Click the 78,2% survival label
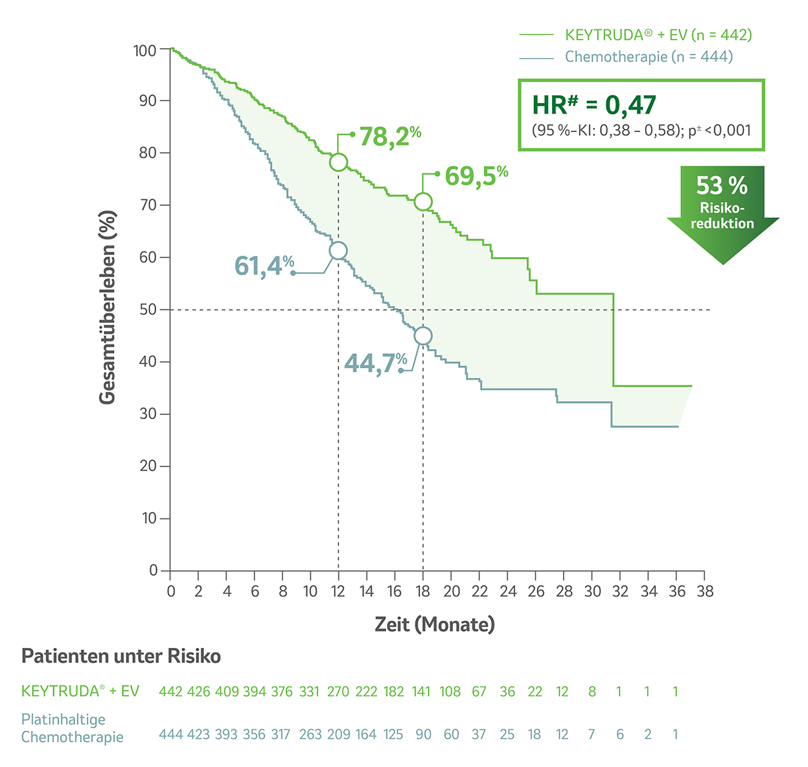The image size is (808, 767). click(x=389, y=137)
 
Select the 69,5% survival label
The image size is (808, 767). click(x=475, y=176)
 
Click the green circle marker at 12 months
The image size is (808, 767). click(x=339, y=162)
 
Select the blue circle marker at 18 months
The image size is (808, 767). click(x=423, y=336)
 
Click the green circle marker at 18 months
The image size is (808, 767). click(x=423, y=201)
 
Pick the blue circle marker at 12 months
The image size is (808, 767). click(x=338, y=251)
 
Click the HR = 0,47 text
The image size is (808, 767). click(x=594, y=105)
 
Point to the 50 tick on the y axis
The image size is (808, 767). click(x=147, y=309)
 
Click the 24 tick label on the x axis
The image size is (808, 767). click(x=508, y=591)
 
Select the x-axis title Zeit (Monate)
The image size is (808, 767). click(x=434, y=624)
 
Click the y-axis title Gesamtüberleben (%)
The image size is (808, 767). click(x=108, y=307)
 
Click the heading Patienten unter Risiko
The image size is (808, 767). click(x=121, y=656)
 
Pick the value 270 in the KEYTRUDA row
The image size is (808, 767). click(x=338, y=692)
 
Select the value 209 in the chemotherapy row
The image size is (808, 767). click(x=338, y=734)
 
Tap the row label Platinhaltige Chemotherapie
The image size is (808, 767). click(x=72, y=728)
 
